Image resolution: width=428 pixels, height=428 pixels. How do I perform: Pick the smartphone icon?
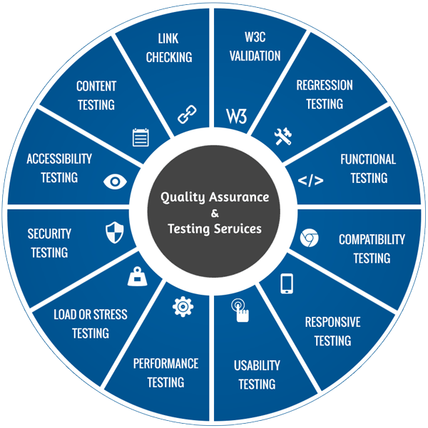click(287, 283)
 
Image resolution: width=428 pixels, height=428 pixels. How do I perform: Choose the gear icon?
click(183, 306)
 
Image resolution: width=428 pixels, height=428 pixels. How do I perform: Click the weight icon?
click(137, 276)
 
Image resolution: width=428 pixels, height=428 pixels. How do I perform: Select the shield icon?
click(114, 231)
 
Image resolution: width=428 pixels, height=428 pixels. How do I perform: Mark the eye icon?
click(114, 182)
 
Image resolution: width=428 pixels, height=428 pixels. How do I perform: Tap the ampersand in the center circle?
click(214, 213)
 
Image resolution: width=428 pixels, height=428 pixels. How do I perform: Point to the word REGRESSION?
click(324, 85)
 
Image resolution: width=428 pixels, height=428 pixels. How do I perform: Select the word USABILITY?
click(257, 365)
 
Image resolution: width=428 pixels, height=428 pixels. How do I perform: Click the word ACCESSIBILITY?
click(59, 159)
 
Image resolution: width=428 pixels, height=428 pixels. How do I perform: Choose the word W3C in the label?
click(255, 37)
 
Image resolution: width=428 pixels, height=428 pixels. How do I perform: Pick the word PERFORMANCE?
click(165, 363)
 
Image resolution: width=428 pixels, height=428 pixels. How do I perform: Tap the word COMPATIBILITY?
click(372, 239)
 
